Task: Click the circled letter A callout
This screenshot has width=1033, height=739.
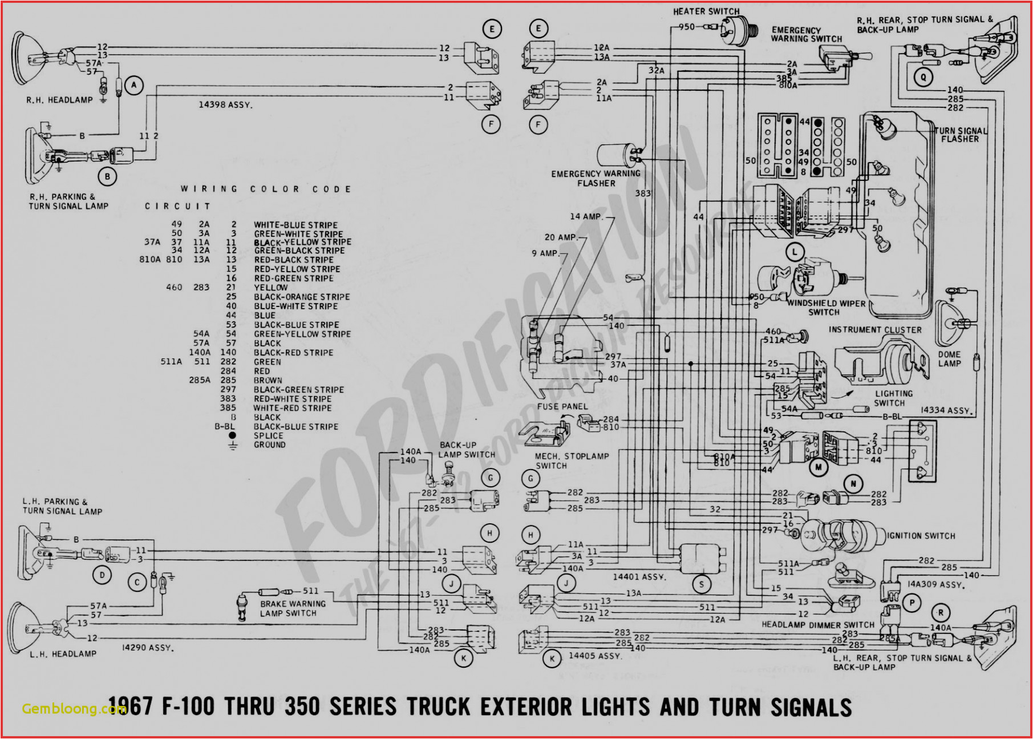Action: (x=134, y=86)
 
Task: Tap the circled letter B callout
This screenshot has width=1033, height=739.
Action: (x=107, y=176)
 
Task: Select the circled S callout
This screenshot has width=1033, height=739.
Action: (x=702, y=584)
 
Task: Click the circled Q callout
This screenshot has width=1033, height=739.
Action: (x=923, y=77)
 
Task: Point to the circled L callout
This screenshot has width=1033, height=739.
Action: (x=795, y=252)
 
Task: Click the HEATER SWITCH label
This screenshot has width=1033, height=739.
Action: (x=706, y=11)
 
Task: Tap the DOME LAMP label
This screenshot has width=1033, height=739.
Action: (x=949, y=359)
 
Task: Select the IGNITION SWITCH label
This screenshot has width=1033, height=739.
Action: (x=921, y=536)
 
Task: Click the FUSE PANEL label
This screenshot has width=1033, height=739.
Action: (x=562, y=406)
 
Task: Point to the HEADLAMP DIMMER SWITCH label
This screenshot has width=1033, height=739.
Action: (x=817, y=625)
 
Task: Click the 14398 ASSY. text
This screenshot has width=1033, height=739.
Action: (x=225, y=105)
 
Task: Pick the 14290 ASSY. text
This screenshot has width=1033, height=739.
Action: (x=148, y=648)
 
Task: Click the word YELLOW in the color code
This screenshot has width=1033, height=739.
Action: (x=271, y=288)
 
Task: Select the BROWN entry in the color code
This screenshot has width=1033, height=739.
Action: (x=268, y=380)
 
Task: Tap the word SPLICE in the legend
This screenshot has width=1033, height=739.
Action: (x=268, y=435)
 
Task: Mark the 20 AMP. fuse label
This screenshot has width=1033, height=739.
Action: (x=561, y=237)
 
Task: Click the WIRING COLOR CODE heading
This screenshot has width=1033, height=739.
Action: (x=266, y=189)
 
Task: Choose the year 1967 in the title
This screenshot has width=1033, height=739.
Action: (x=130, y=707)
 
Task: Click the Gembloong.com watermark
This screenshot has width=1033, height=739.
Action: (x=73, y=709)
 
